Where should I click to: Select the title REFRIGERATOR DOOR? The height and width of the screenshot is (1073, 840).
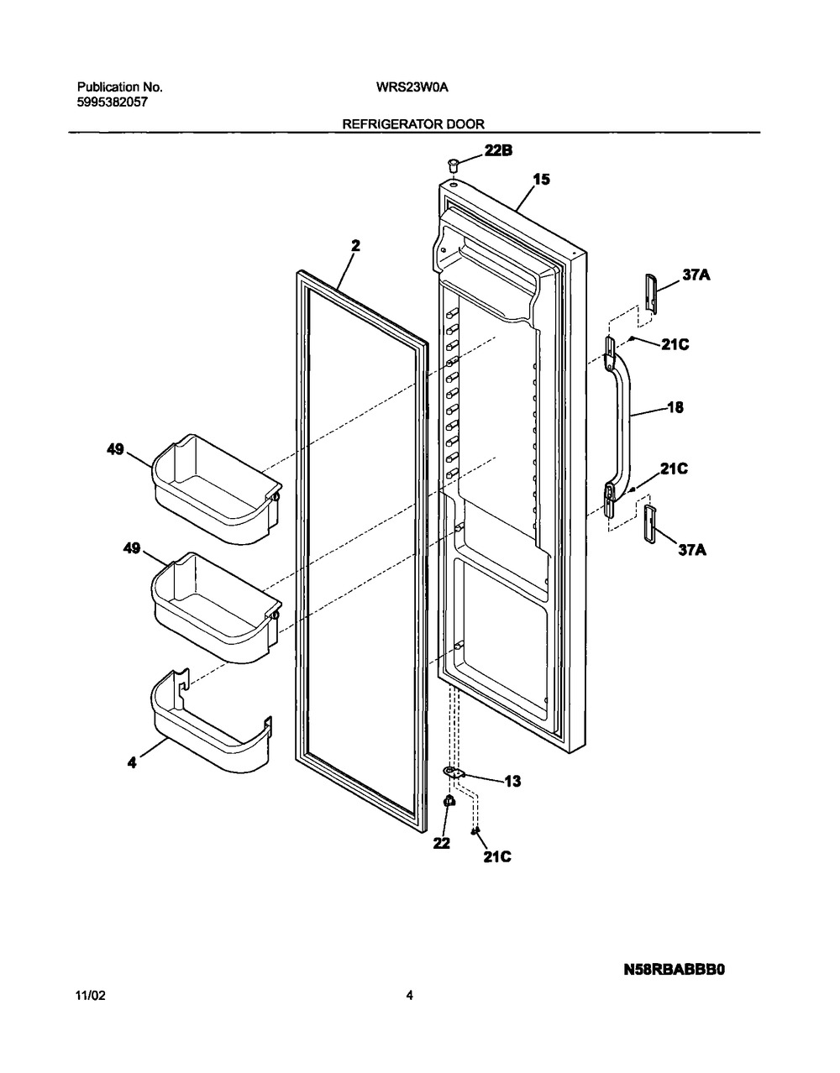(412, 123)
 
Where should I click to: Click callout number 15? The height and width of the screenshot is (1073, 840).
(542, 179)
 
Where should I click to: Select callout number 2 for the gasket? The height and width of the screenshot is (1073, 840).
(355, 245)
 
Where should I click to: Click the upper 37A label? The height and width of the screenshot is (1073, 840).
(696, 274)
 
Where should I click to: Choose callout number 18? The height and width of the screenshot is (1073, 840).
(675, 409)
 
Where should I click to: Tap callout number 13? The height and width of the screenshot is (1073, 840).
(512, 782)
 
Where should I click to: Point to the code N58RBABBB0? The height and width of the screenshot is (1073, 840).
(674, 969)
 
